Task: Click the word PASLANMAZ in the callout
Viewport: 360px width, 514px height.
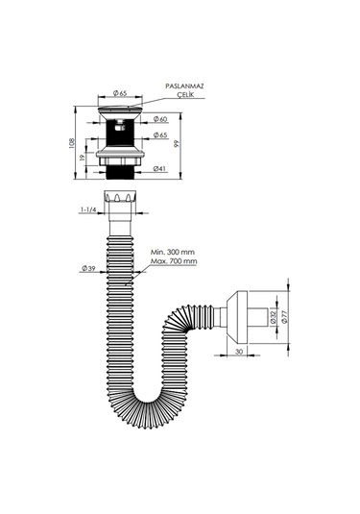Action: click(184, 86)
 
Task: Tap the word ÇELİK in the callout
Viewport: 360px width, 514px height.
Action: click(185, 95)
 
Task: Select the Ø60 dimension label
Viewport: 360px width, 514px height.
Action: click(160, 119)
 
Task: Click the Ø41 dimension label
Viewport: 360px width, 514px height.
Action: click(160, 169)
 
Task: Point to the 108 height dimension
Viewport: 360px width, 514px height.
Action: click(72, 143)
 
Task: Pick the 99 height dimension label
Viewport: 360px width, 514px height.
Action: click(177, 143)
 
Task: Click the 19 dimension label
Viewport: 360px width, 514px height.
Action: click(83, 157)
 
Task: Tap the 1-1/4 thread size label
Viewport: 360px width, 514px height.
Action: click(88, 209)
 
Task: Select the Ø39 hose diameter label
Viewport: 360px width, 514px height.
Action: click(88, 268)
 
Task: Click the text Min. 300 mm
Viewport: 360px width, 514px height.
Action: click(173, 252)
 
